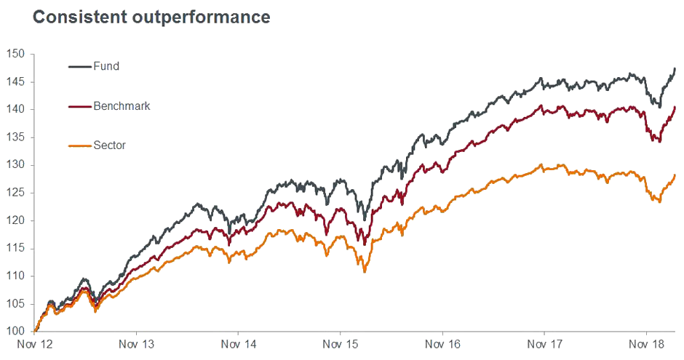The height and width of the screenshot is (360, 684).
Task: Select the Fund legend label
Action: [x=106, y=66]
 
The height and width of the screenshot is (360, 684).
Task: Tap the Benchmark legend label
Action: [x=122, y=106]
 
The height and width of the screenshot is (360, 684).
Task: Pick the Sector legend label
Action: [x=110, y=145]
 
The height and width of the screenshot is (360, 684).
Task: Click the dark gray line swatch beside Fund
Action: [x=79, y=67]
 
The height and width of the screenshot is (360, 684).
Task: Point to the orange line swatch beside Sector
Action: [x=79, y=145]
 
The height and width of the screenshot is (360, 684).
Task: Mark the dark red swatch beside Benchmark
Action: [x=79, y=106]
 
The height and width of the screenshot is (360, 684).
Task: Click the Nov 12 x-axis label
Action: [x=35, y=344]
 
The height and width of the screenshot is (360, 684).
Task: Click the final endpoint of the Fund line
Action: [x=675, y=68]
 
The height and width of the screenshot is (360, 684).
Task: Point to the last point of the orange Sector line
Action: [x=675, y=175]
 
